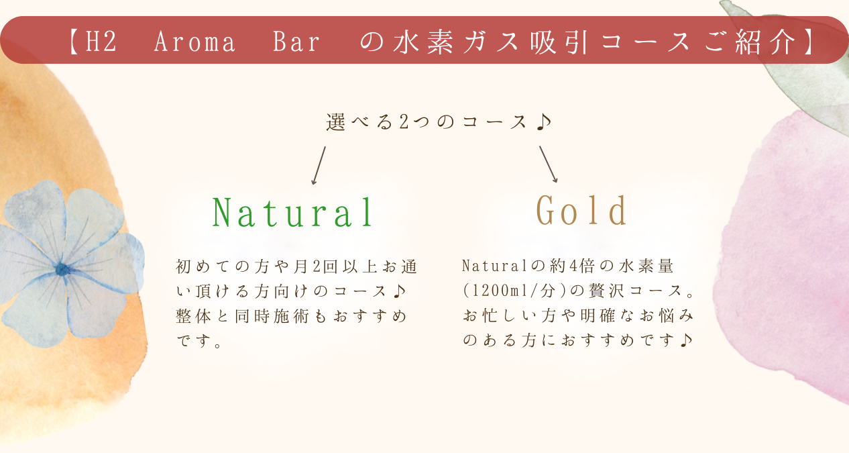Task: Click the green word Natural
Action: click(x=292, y=212)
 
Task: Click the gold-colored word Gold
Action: click(x=581, y=210)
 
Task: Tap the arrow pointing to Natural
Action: click(x=319, y=166)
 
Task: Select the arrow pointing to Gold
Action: click(x=549, y=164)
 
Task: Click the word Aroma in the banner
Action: click(x=194, y=42)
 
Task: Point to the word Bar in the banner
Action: click(x=297, y=42)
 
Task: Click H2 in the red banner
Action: click(x=101, y=42)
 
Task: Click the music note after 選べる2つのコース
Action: click(x=545, y=122)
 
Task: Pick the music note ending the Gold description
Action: click(x=686, y=340)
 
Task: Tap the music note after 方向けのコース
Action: click(x=399, y=291)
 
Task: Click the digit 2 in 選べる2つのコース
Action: click(x=404, y=122)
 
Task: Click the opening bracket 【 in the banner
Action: click(x=74, y=42)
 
